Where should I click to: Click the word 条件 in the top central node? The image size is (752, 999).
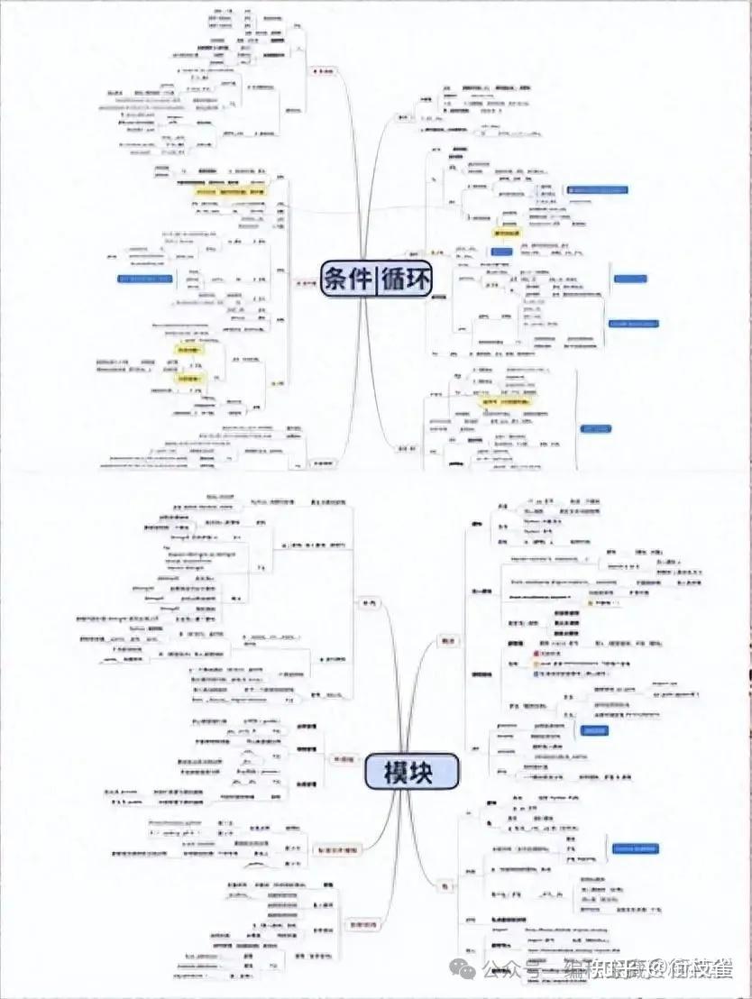pyautogui.click(x=349, y=278)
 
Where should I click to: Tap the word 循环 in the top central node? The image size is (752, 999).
pyautogui.click(x=407, y=278)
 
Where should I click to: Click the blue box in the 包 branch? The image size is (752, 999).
pyautogui.click(x=636, y=848)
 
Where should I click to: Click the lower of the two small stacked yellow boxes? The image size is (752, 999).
pyautogui.click(x=188, y=380)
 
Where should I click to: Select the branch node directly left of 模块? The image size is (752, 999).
pyautogui.click(x=342, y=760)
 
